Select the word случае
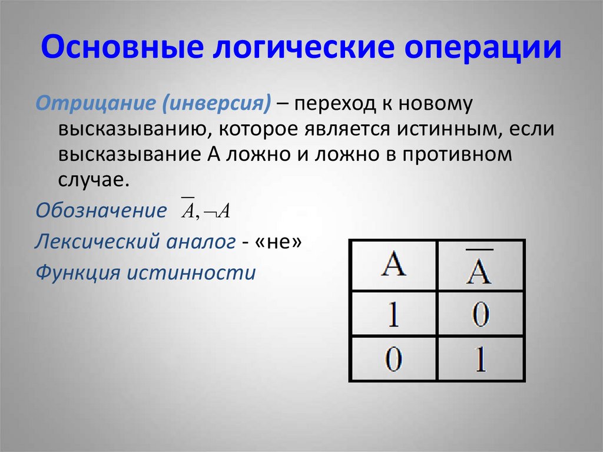point(93,180)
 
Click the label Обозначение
point(101,211)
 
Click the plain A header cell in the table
point(393,266)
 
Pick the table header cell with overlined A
point(480,266)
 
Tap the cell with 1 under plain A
point(393,314)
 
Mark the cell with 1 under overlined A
point(480,359)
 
